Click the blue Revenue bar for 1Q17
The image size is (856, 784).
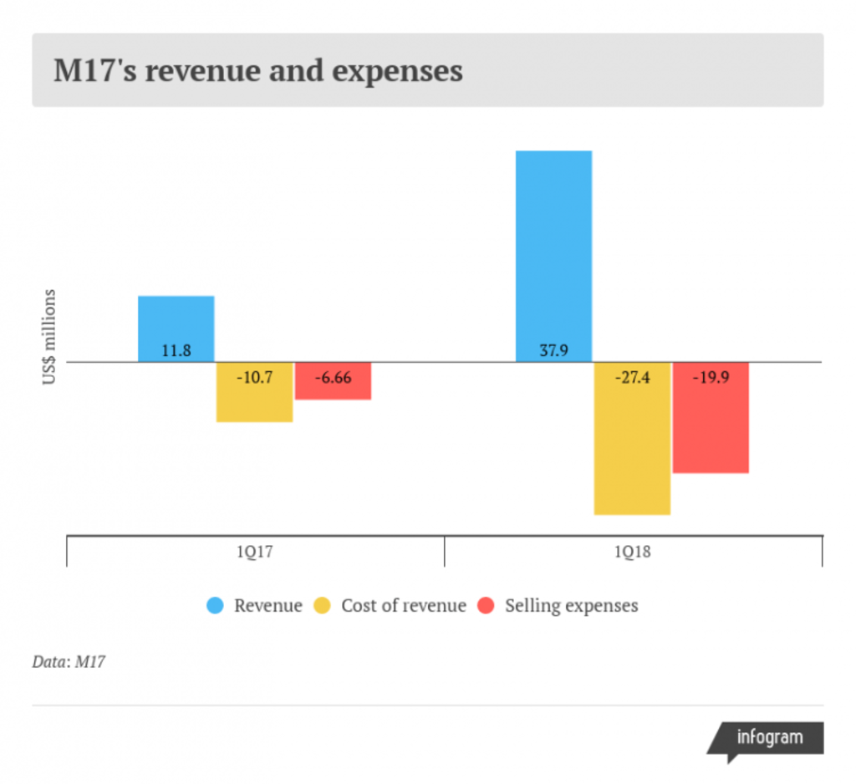point(176,322)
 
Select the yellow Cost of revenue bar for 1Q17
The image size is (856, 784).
point(254,401)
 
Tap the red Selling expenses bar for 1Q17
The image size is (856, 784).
point(333,389)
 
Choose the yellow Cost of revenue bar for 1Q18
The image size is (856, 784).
point(632,451)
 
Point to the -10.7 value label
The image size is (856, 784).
point(254,377)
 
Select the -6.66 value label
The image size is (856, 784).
point(333,377)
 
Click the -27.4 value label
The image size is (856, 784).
point(632,377)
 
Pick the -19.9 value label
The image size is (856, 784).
point(711,377)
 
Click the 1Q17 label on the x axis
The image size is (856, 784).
point(254,552)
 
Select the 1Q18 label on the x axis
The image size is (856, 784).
point(633,552)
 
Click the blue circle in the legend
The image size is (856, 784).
point(216,605)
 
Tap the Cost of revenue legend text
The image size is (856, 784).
point(403,605)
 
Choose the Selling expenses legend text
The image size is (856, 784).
point(571,605)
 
